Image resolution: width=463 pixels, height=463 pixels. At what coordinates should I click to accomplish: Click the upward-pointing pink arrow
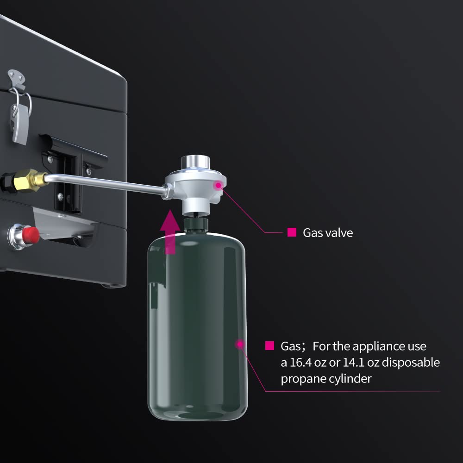coord(170,232)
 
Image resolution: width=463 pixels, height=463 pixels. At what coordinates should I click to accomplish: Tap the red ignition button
coord(31,235)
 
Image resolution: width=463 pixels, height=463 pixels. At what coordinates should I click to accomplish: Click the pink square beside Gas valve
coord(292,232)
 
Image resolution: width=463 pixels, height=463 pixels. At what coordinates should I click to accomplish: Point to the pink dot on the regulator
coord(218,185)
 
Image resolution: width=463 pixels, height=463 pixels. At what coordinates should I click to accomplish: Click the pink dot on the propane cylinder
coord(240,344)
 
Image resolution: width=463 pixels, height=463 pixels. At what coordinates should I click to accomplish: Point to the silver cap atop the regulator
coord(195,162)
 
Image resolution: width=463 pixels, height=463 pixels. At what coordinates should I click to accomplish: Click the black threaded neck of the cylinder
coord(196,225)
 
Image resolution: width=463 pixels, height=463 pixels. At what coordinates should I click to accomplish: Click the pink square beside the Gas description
coord(269,345)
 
